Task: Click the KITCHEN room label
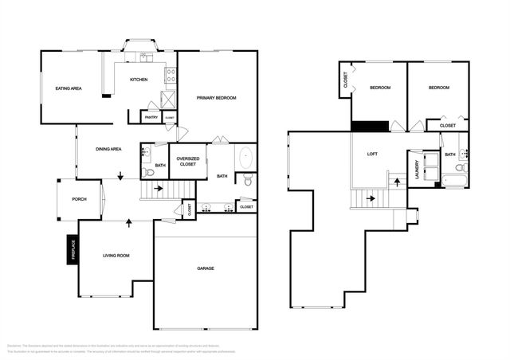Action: tap(139, 80)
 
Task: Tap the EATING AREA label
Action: tap(69, 88)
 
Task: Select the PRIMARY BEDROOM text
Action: tap(217, 97)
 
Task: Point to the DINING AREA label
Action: tap(108, 149)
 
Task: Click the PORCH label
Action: tap(79, 199)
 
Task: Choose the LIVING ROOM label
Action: tap(116, 256)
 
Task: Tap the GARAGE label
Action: tap(206, 268)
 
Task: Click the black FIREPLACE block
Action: tap(72, 250)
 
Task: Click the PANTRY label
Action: tap(151, 118)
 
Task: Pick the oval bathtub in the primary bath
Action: tap(245, 156)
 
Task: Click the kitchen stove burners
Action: tap(170, 76)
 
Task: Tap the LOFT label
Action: tap(372, 154)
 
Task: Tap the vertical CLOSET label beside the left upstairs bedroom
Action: tap(345, 80)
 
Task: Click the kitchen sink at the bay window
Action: tap(146, 57)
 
